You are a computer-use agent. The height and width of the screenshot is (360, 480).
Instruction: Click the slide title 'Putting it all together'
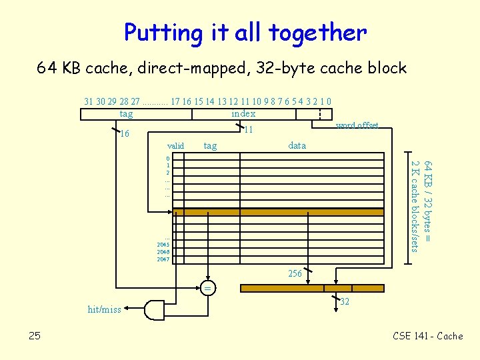[245, 32]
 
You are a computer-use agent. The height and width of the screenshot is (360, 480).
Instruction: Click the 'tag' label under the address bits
[126, 114]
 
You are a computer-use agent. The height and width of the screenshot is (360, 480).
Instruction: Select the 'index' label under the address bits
[243, 114]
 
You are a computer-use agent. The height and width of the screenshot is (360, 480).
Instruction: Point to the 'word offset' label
[357, 125]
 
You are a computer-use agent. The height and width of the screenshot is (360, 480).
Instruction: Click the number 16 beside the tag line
[124, 134]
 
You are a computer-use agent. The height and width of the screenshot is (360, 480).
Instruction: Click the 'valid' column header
[176, 145]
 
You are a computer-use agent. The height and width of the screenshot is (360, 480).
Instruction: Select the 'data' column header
[297, 145]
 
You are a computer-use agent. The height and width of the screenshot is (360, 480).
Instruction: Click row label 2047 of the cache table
[163, 259]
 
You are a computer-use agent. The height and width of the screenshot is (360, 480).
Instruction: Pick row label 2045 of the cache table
[163, 245]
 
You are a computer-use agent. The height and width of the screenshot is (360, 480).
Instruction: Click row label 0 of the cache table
[168, 158]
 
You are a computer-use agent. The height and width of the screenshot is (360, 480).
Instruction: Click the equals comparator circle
[207, 289]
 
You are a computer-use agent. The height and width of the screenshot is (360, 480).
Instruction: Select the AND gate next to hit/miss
[155, 309]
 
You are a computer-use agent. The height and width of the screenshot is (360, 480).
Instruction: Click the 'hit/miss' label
[105, 309]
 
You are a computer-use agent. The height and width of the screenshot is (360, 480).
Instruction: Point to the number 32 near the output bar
[345, 301]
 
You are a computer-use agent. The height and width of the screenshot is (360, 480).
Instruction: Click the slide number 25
[35, 335]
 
